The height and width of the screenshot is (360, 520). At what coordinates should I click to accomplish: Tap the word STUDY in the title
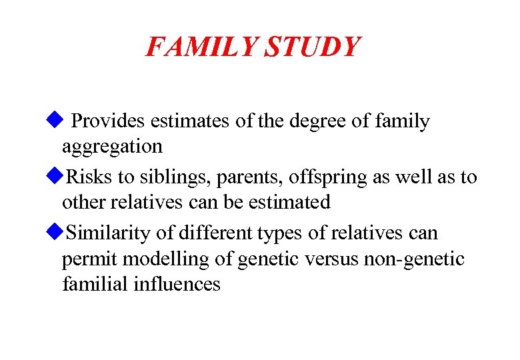pyautogui.click(x=313, y=47)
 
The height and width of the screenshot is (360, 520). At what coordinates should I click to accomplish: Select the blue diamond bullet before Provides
pyautogui.click(x=54, y=120)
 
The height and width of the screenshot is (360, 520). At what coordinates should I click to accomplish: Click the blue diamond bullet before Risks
pyautogui.click(x=54, y=177)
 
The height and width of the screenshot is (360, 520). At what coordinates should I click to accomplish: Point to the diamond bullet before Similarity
pyautogui.click(x=54, y=233)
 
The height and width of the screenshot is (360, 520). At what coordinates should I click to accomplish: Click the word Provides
pyautogui.click(x=108, y=121)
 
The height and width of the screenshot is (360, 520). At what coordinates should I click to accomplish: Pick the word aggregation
pyautogui.click(x=112, y=147)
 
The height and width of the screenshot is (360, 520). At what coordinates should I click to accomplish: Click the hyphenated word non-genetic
pyautogui.click(x=415, y=259)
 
